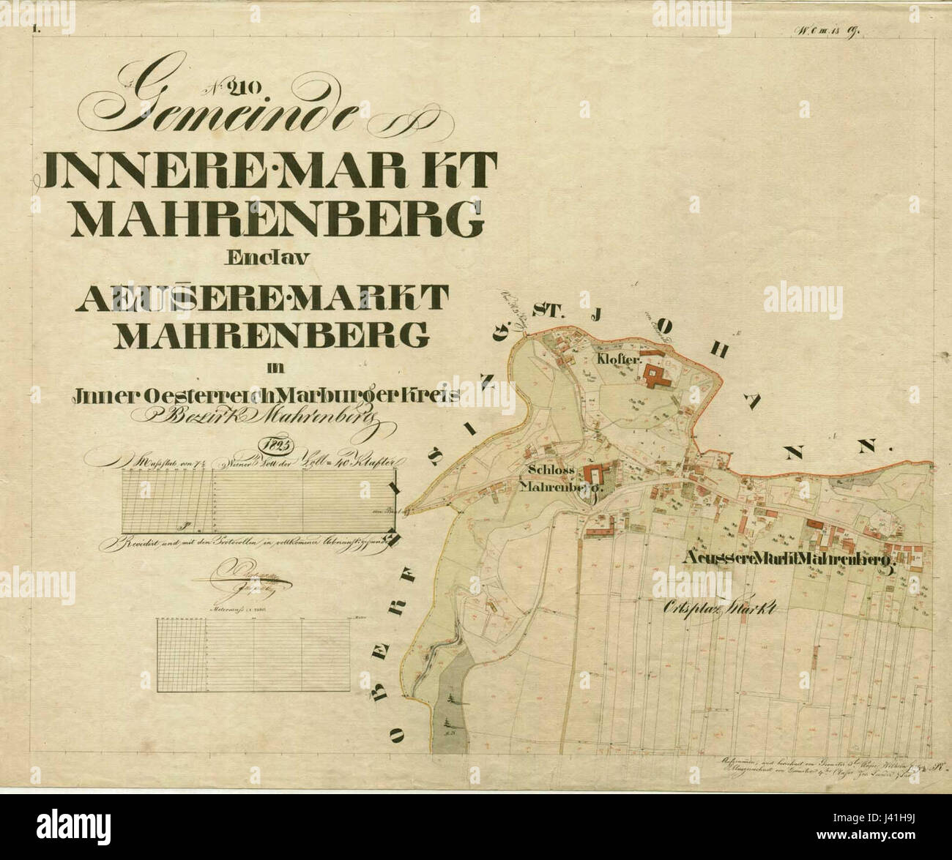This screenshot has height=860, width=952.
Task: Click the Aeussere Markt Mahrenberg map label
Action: tap(788, 559)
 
